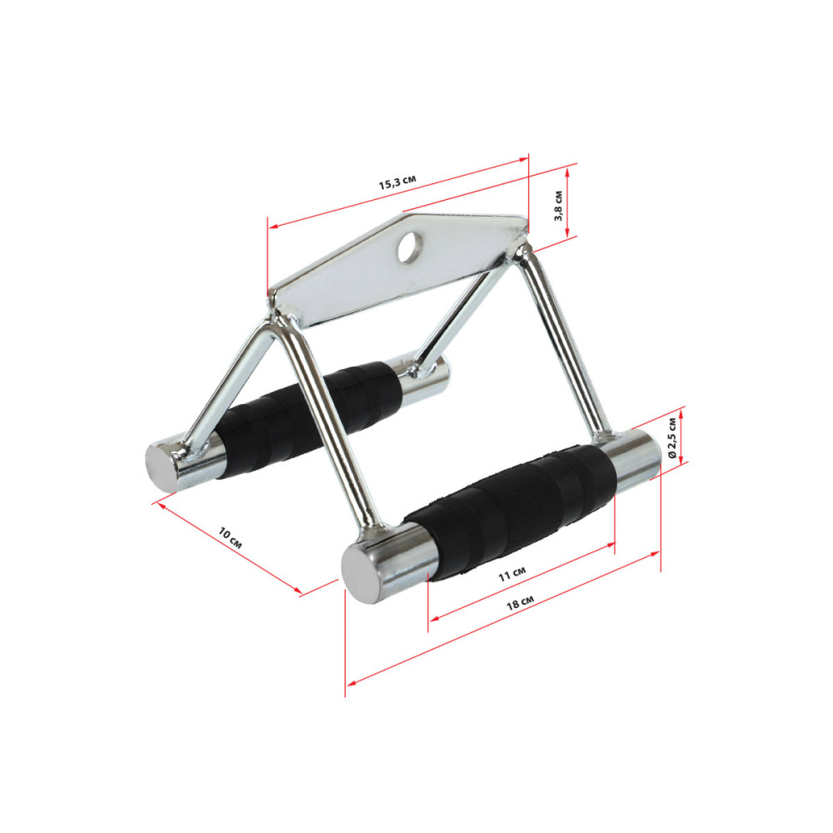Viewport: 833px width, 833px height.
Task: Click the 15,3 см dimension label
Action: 397,182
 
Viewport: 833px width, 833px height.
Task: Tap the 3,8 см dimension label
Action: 558,205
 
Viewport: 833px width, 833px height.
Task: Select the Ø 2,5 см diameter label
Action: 672,438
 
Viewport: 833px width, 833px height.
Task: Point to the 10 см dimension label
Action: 231,538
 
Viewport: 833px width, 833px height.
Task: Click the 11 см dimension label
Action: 512,574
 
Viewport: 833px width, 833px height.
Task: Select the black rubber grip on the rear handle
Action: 308,420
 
